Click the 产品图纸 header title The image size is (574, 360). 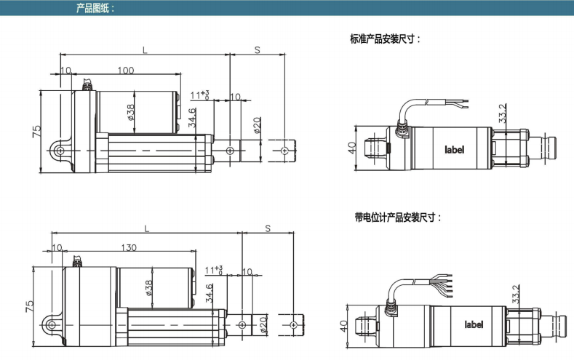95,8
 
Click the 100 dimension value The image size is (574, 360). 126,70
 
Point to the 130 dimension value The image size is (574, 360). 129,248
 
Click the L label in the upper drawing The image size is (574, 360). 145,50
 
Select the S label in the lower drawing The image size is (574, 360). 268,228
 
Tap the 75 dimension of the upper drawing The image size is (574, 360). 37,132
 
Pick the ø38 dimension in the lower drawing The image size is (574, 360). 149,288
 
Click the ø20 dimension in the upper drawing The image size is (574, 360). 257,125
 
